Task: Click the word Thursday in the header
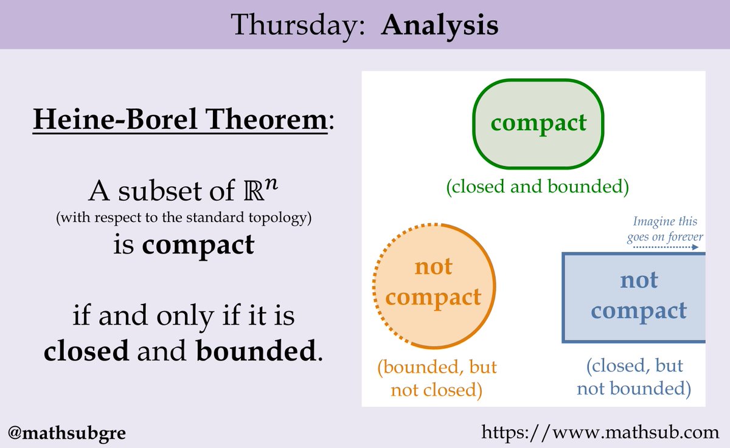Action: coord(297,26)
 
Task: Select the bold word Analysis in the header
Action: coord(440,26)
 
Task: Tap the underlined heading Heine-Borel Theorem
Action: coord(180,120)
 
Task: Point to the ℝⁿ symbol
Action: coord(261,190)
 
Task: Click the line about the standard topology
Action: coord(184,218)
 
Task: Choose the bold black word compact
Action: coord(198,245)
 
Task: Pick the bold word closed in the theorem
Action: coord(86,351)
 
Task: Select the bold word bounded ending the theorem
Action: coord(256,351)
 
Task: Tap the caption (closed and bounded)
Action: coord(537,187)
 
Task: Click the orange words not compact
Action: coord(433,282)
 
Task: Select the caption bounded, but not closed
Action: coord(437,378)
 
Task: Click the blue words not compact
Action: coord(639,295)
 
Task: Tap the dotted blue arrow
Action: coord(666,247)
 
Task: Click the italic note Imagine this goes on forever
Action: coord(665,229)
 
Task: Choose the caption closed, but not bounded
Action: coord(634,377)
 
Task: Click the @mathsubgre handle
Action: coord(67,433)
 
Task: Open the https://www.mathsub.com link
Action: coord(600,433)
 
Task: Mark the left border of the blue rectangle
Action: coord(563,298)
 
